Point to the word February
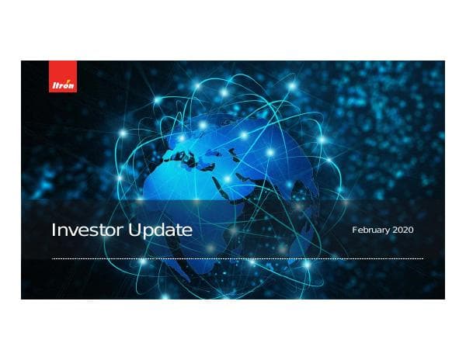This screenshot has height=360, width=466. click(x=374, y=230)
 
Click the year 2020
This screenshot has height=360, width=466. click(x=405, y=230)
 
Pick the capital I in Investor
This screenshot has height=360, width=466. click(x=54, y=231)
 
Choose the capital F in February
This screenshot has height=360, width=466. click(x=355, y=230)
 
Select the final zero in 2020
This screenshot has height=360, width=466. click(x=412, y=230)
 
